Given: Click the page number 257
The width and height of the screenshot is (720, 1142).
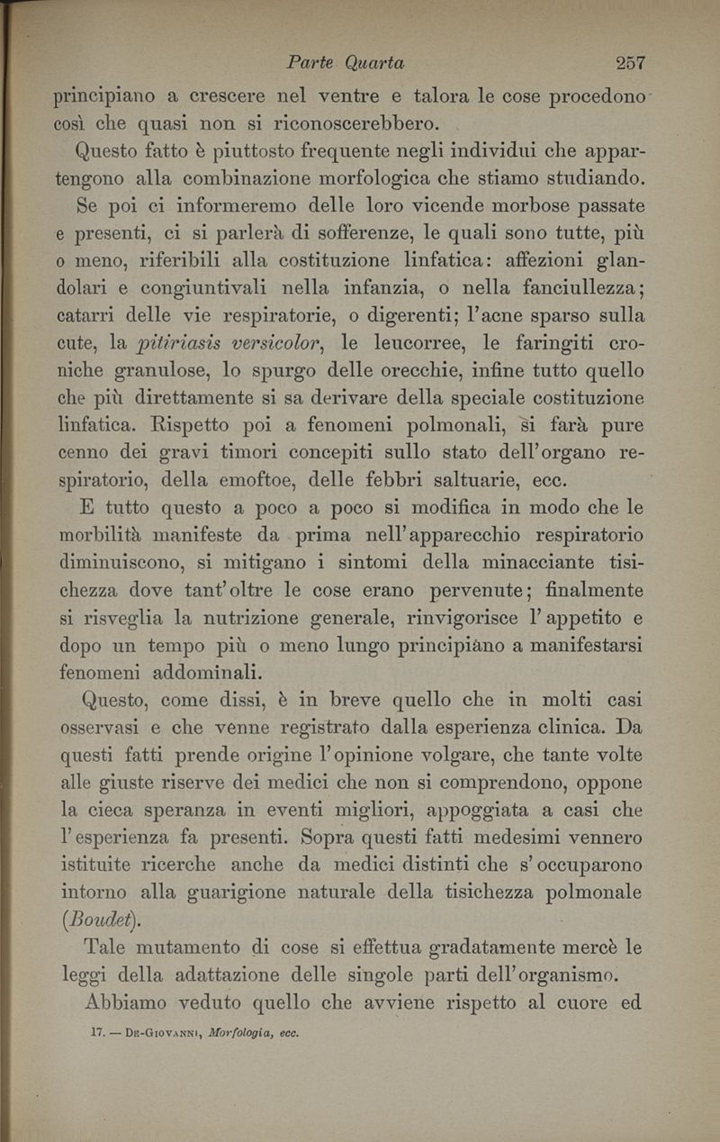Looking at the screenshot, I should tap(631, 63).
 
